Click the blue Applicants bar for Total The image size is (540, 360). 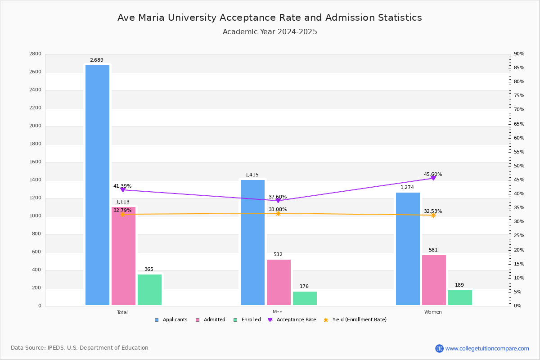pos(97,185)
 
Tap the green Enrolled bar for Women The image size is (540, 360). pos(460,297)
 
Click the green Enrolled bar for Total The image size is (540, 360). pos(149,290)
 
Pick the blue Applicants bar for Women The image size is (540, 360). pos(408,249)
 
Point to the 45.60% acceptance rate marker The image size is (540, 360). pos(433,178)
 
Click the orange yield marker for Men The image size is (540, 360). pos(278,213)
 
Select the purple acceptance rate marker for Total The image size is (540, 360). pos(123,190)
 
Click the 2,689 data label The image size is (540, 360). pos(97,60)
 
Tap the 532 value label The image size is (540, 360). pos(278,255)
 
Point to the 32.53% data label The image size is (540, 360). pos(433,211)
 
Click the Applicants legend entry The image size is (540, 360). pos(171,320)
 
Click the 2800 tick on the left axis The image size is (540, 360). pos(35,54)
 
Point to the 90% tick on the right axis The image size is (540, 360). pos(519,54)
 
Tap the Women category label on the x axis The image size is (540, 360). pos(433,312)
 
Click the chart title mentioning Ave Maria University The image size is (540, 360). pos(270,18)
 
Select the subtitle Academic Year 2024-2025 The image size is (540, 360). pos(270,32)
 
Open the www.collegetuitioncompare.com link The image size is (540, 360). pos(487,348)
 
